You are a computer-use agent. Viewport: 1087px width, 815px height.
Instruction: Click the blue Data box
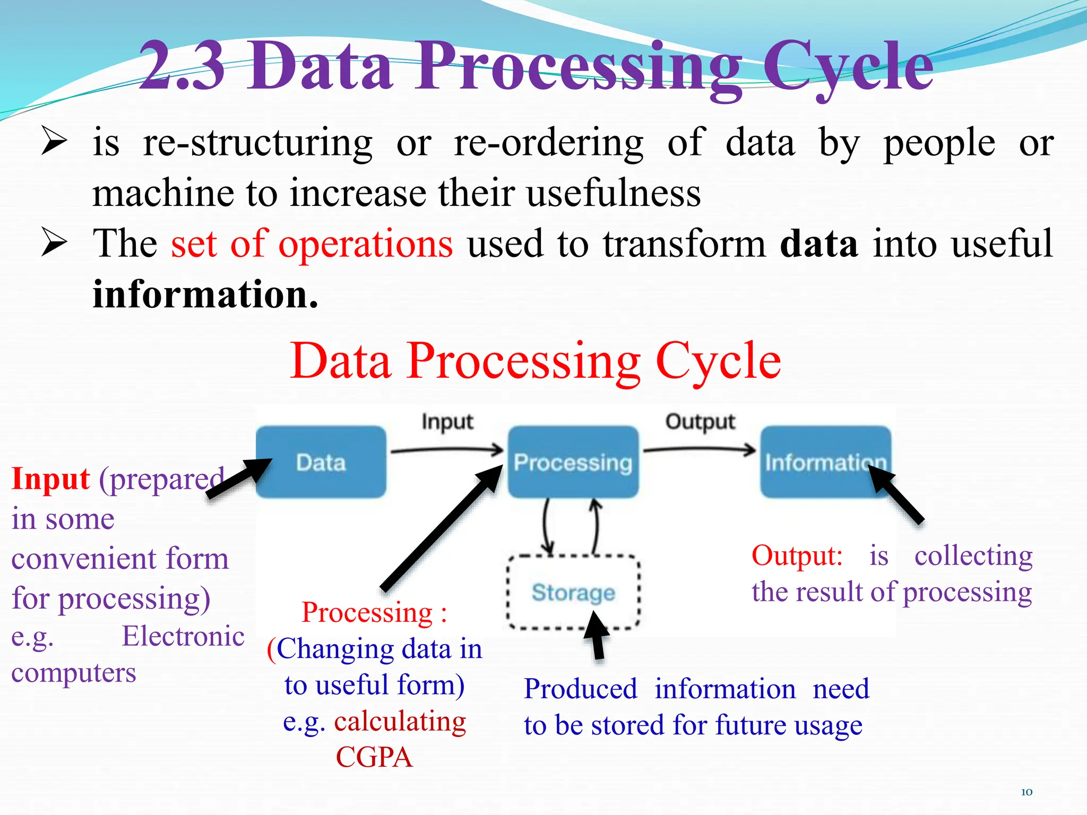coord(321,462)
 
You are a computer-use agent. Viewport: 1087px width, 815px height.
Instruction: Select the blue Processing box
coord(573,462)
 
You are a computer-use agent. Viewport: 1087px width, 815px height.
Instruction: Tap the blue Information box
coord(825,462)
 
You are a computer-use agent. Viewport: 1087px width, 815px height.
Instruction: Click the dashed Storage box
coord(573,592)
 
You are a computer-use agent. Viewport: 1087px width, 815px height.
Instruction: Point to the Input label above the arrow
coord(447,422)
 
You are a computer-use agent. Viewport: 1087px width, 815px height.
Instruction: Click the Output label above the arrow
coord(700,422)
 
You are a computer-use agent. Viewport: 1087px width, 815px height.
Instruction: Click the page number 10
coord(1026,792)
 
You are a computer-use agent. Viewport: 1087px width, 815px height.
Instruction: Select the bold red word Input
coord(50,479)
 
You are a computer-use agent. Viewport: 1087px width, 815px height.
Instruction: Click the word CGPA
coord(374,757)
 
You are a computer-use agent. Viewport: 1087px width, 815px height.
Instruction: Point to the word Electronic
coord(183,636)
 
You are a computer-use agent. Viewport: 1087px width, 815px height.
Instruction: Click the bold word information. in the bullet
coord(205,294)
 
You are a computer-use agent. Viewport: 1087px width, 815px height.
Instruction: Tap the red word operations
coord(365,244)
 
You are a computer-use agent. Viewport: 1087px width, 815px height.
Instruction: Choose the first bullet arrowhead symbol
coord(54,143)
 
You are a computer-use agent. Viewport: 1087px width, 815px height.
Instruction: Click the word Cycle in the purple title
coord(848,68)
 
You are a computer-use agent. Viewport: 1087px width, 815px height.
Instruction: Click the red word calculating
coord(400,721)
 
